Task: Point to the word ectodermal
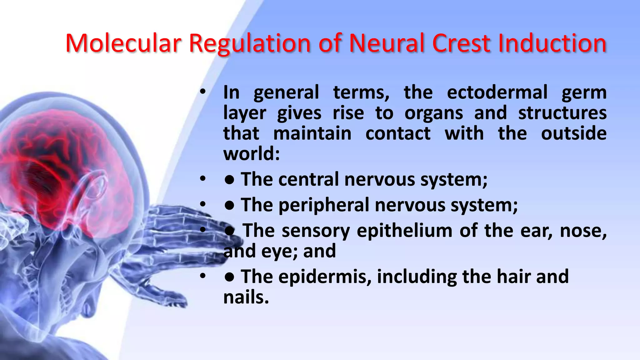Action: coord(497,92)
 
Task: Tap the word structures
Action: coord(562,113)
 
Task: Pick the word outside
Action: coord(574,133)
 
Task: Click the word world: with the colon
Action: coord(252,154)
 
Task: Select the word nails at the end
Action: coord(246,297)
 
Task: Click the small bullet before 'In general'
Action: coord(203,92)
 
